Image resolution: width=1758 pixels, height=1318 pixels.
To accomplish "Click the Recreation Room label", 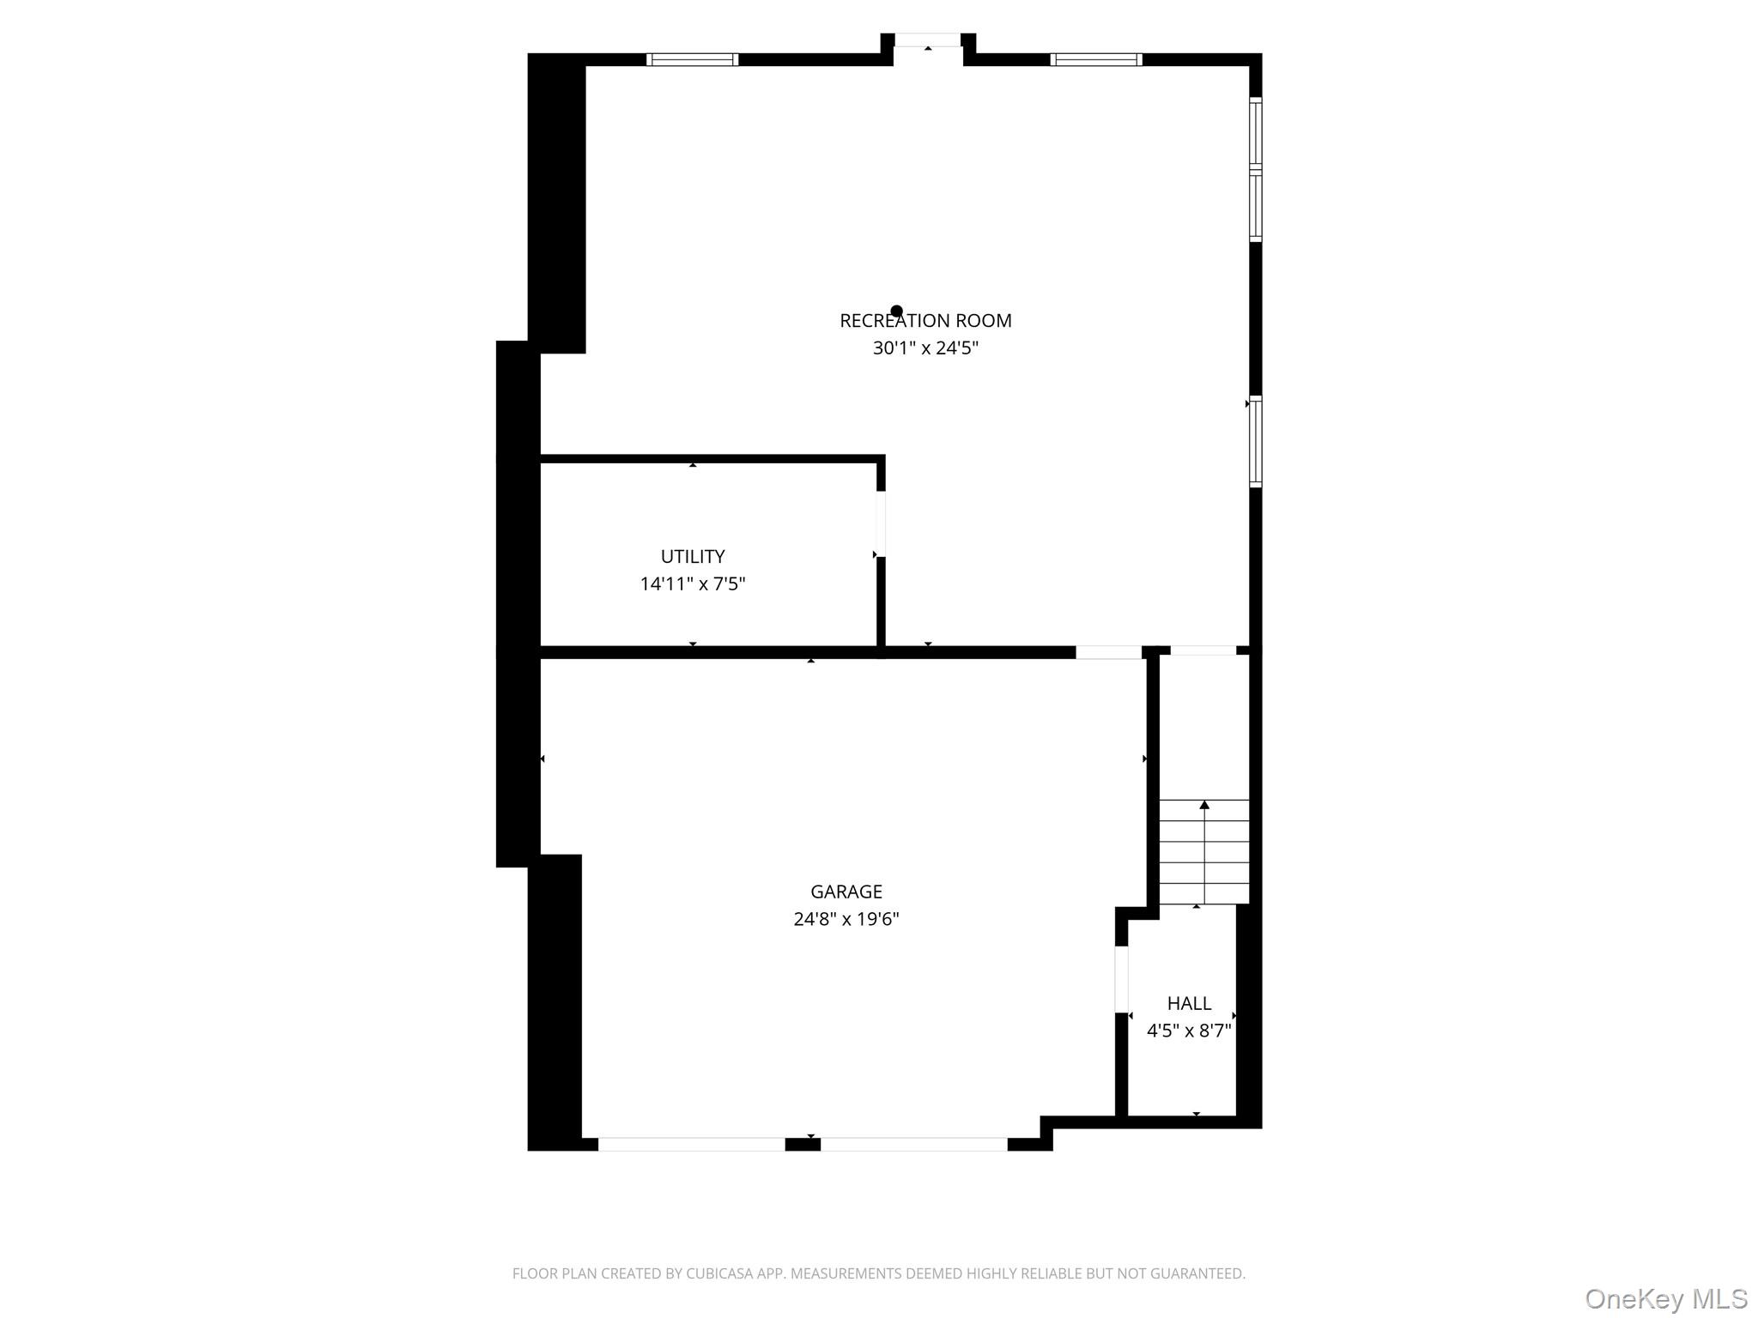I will pyautogui.click(x=925, y=321).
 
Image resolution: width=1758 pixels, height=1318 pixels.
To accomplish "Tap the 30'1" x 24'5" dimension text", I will pyautogui.click(x=925, y=348).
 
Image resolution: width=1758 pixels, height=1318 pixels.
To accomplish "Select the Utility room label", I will pyautogui.click(x=693, y=556).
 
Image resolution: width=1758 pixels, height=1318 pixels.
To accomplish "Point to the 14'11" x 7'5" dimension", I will pyautogui.click(x=693, y=584).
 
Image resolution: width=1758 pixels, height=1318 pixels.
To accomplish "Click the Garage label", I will pyautogui.click(x=846, y=892).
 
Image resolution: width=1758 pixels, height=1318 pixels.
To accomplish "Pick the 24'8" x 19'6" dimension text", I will pyautogui.click(x=846, y=919).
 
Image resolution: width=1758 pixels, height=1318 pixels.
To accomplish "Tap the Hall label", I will pyautogui.click(x=1189, y=1003).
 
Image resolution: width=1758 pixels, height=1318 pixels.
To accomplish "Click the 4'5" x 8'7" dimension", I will pyautogui.click(x=1189, y=1031).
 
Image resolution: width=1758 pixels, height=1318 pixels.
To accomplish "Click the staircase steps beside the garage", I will pyautogui.click(x=1203, y=852).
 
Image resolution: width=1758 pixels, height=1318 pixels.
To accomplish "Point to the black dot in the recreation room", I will pyautogui.click(x=896, y=311).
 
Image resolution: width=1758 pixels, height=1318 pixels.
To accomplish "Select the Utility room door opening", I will pyautogui.click(x=881, y=523).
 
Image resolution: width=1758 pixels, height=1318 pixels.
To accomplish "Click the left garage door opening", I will pyautogui.click(x=692, y=1144).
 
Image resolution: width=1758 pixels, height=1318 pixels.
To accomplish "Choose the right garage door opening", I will pyautogui.click(x=913, y=1144).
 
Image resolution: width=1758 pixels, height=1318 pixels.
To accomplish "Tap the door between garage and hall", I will pyautogui.click(x=1121, y=979).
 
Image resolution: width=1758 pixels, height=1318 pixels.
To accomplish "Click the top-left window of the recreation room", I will pyautogui.click(x=692, y=59).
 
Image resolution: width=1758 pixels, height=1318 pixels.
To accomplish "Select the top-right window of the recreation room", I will pyautogui.click(x=1096, y=59).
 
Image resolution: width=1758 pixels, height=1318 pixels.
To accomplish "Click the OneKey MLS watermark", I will pyautogui.click(x=1666, y=1298).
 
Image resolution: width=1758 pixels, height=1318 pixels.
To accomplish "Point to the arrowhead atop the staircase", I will pyautogui.click(x=1204, y=805).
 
